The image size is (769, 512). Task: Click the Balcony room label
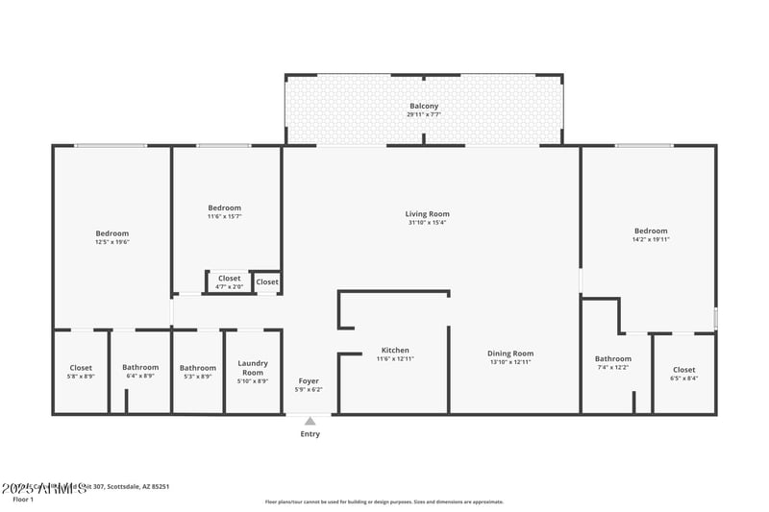pos(424,106)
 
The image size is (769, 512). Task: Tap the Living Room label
pos(427,214)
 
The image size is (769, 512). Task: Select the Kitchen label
pos(395,351)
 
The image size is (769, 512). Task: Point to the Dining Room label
pos(510,354)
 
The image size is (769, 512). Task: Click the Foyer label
pos(309,381)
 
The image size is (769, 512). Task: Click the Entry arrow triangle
pos(310,421)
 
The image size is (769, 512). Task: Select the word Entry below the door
pos(310,434)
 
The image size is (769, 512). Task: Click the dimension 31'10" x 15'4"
pos(427,223)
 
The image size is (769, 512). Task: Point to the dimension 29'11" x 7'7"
pos(424,114)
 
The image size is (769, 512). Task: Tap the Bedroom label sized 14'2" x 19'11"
pos(651,231)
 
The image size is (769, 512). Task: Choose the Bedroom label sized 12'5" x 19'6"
pos(112,233)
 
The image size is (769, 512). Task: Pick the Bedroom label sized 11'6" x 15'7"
pos(225,207)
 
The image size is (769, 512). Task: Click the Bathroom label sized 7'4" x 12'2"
pos(613,359)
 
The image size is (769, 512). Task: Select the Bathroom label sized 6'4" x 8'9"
pos(140,368)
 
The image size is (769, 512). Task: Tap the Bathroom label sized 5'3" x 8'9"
pos(198,368)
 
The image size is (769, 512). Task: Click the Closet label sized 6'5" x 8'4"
pos(683,370)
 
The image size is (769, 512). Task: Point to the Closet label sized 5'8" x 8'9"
pos(81,368)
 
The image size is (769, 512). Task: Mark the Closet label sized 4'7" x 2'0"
pos(230,279)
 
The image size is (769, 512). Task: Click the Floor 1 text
pos(22,500)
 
